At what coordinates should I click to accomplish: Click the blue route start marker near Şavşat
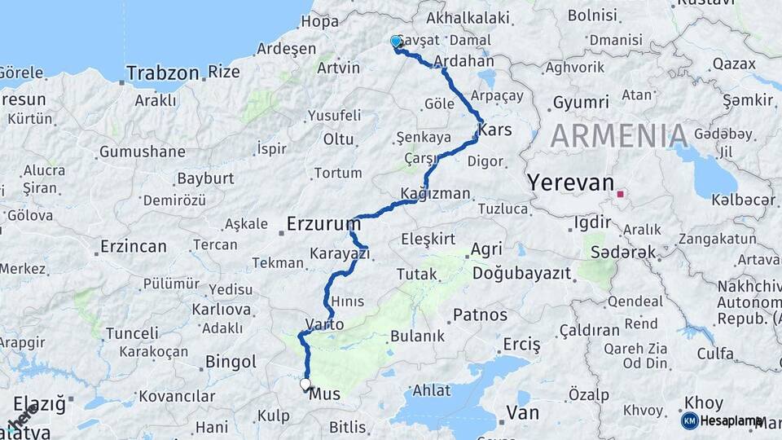tap(396, 42)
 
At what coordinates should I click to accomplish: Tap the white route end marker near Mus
tap(305, 384)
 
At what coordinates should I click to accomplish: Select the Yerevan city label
tap(570, 183)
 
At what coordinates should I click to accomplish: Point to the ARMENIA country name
tap(619, 135)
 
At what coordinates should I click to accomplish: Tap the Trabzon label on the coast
tap(163, 73)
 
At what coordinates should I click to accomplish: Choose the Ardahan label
tap(464, 61)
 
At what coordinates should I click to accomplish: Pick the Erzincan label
tap(134, 246)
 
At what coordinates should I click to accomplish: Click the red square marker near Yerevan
tap(621, 194)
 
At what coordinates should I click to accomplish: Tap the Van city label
tap(522, 412)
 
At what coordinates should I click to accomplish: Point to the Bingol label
tap(231, 361)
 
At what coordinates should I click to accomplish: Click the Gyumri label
tap(581, 102)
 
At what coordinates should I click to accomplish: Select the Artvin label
tap(338, 68)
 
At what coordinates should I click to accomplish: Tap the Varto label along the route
tap(324, 323)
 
